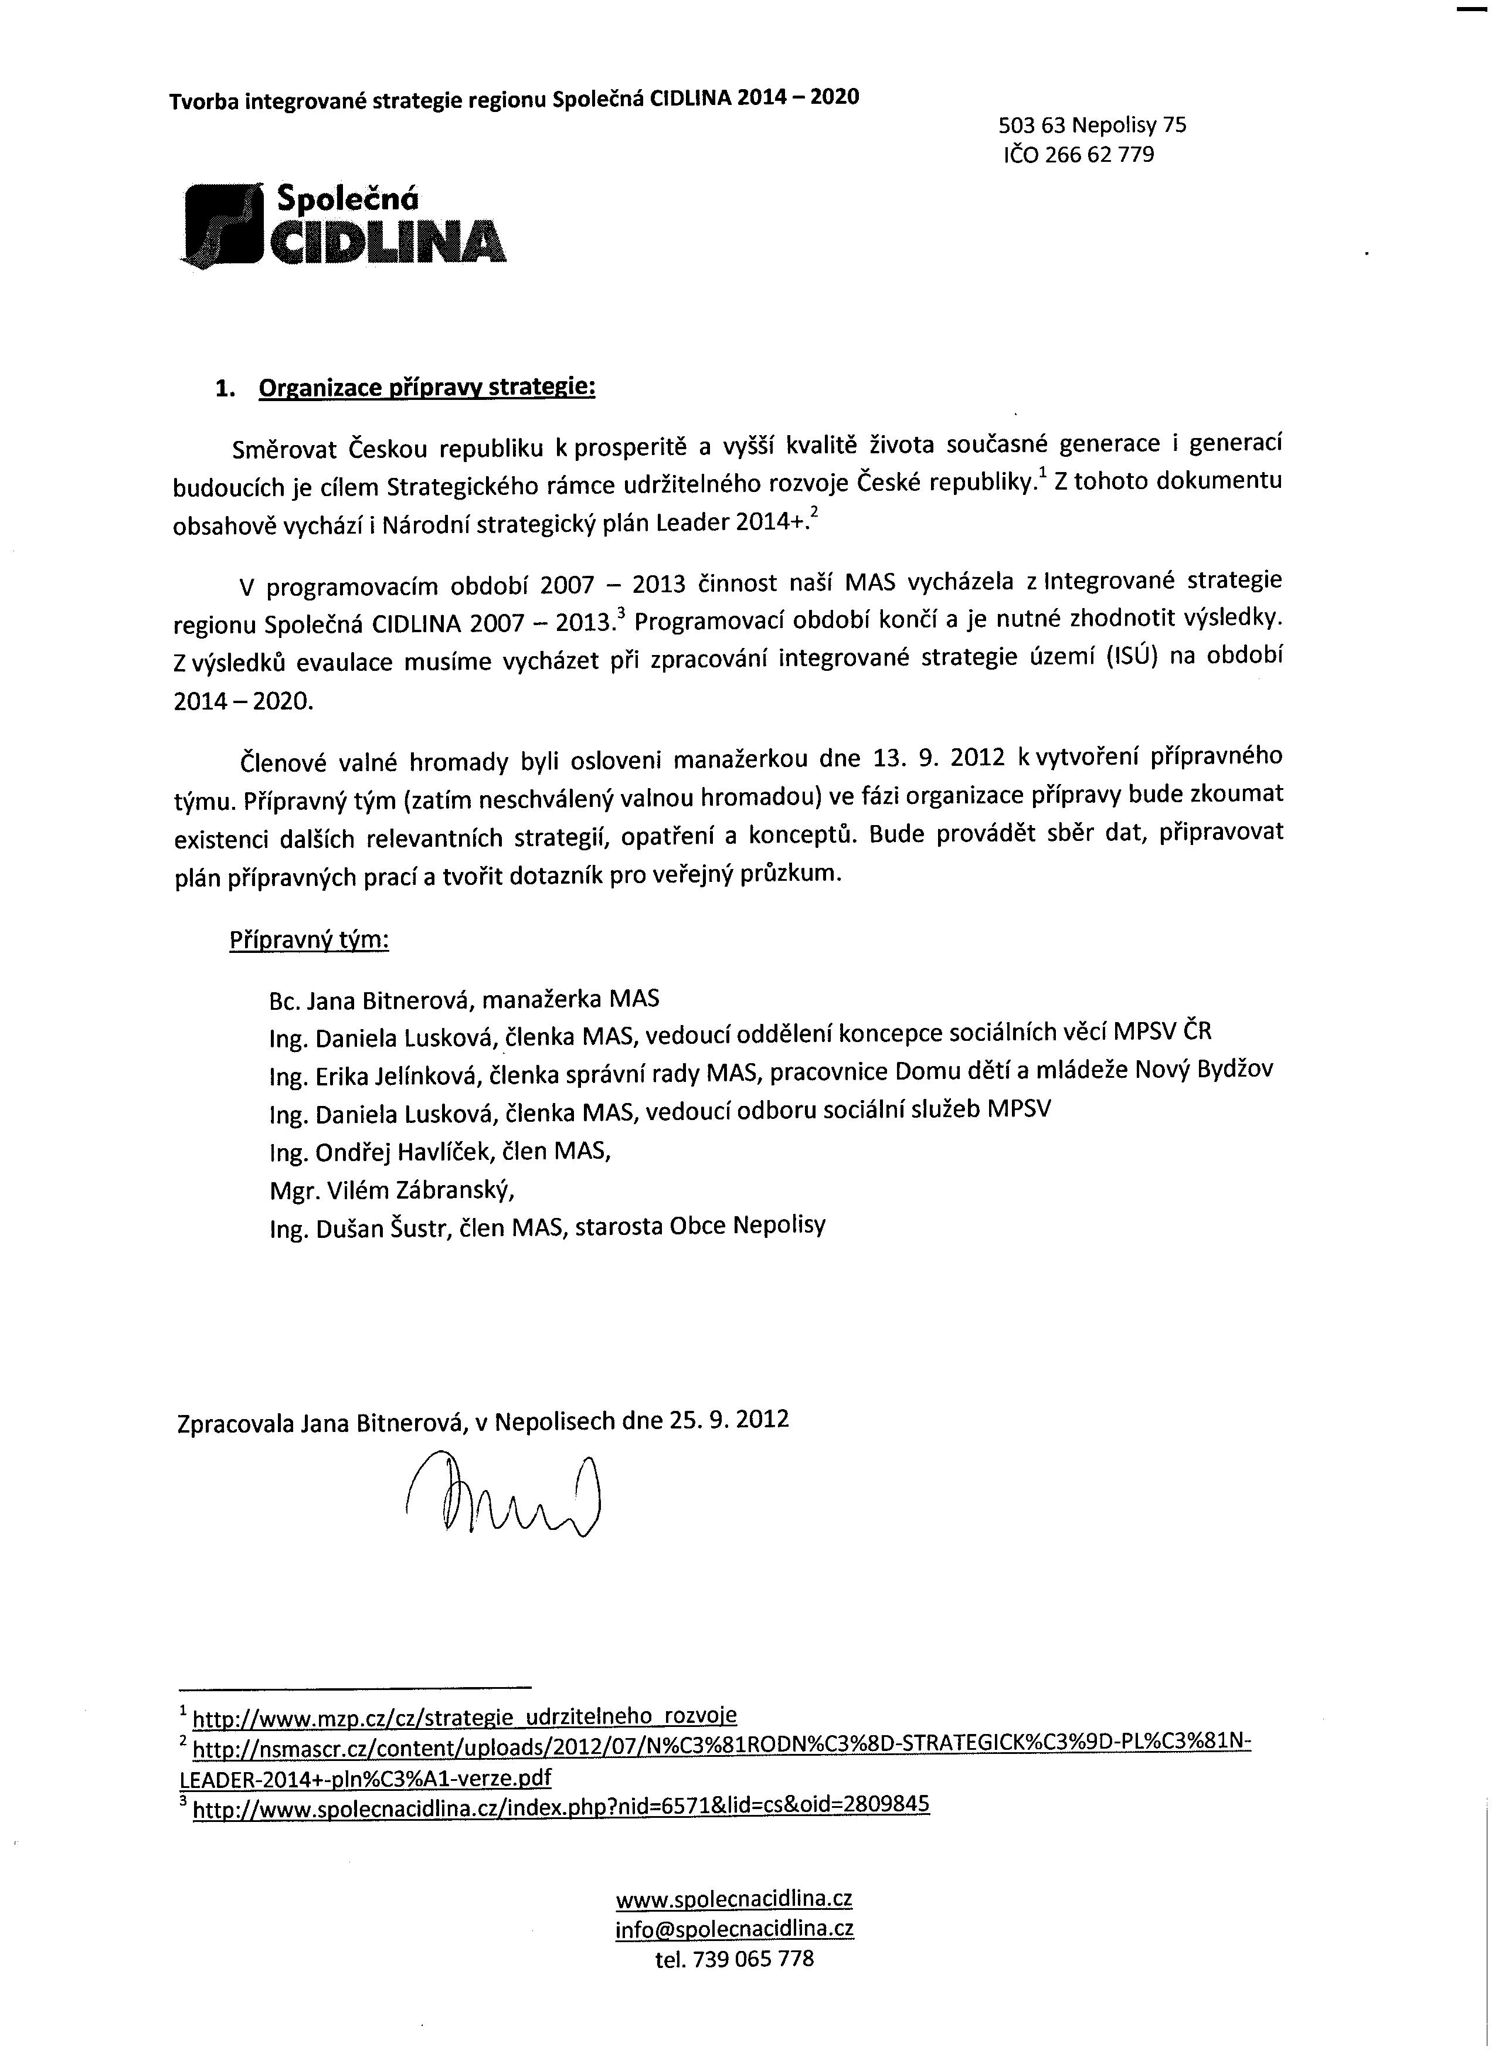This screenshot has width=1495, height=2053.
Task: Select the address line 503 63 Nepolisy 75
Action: [x=1092, y=125]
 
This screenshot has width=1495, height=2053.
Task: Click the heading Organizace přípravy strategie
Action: [x=427, y=388]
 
